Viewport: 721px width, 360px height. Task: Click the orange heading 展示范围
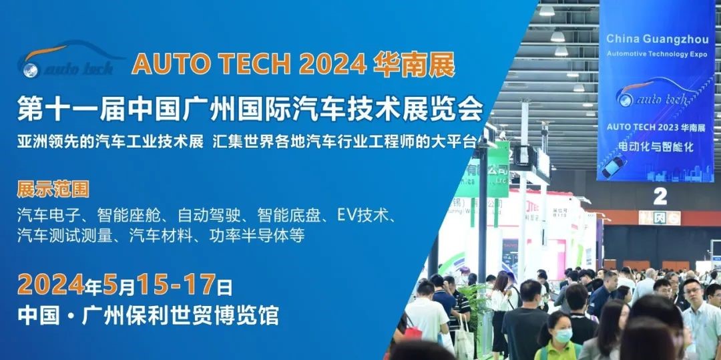click(x=53, y=188)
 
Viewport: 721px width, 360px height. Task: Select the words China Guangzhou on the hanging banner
click(x=656, y=38)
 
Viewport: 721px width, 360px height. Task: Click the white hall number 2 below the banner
click(x=660, y=196)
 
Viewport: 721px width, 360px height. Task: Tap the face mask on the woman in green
click(x=563, y=335)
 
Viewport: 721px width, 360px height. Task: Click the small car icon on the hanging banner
click(x=615, y=164)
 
